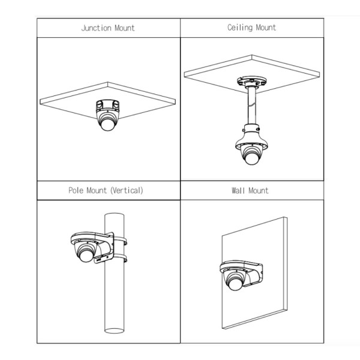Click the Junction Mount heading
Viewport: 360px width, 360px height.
(108, 28)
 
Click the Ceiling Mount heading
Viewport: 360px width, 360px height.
(251, 28)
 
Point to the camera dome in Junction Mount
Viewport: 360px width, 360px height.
(108, 124)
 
